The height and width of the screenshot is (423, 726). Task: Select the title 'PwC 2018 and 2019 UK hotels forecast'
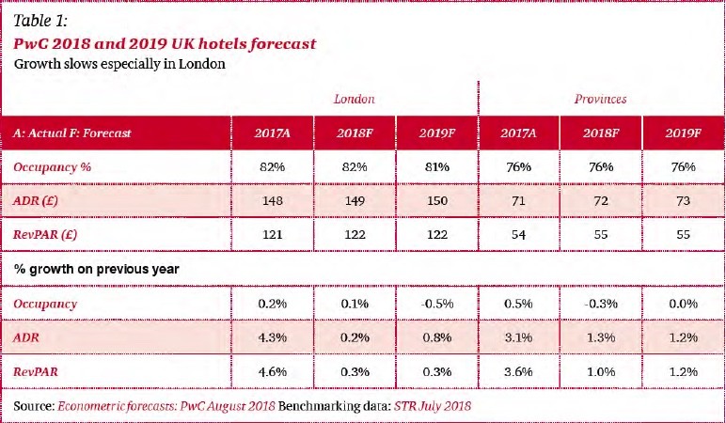tap(165, 43)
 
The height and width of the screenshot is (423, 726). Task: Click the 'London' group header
tap(355, 99)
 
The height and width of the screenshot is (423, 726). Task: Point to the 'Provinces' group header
tap(601, 99)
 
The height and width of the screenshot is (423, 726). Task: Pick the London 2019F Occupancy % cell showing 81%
tap(436, 166)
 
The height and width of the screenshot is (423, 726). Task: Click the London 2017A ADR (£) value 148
tap(272, 199)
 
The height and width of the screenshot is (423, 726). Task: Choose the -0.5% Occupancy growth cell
tap(436, 304)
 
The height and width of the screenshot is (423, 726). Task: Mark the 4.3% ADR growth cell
tap(272, 337)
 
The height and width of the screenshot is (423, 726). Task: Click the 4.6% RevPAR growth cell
tap(272, 370)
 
